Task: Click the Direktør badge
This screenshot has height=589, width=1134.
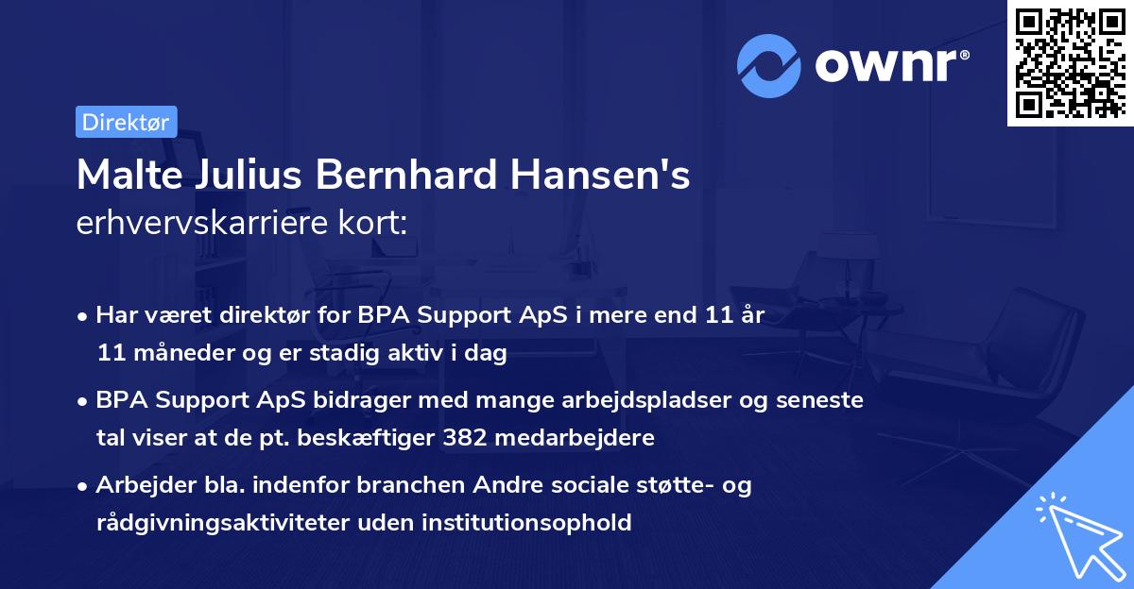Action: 126,122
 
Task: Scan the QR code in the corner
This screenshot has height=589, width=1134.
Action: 1069,62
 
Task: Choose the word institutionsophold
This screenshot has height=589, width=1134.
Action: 529,522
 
